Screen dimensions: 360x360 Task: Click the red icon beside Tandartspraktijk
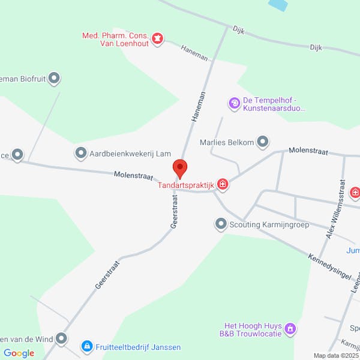tap(223, 184)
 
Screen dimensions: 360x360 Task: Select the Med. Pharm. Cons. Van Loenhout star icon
tap(157, 40)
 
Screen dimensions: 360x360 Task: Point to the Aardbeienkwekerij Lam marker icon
tap(80, 154)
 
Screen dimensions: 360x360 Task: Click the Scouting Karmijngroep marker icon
tap(221, 225)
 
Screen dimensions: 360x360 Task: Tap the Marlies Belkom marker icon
tap(263, 142)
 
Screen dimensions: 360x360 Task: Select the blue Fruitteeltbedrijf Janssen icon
tap(87, 346)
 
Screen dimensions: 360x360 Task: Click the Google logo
tap(19, 353)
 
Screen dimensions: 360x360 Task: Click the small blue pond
tap(277, 5)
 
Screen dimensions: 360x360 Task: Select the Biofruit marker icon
tap(55, 78)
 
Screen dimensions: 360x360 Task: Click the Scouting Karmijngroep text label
tap(269, 226)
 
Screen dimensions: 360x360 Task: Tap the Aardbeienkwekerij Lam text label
tap(122, 154)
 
